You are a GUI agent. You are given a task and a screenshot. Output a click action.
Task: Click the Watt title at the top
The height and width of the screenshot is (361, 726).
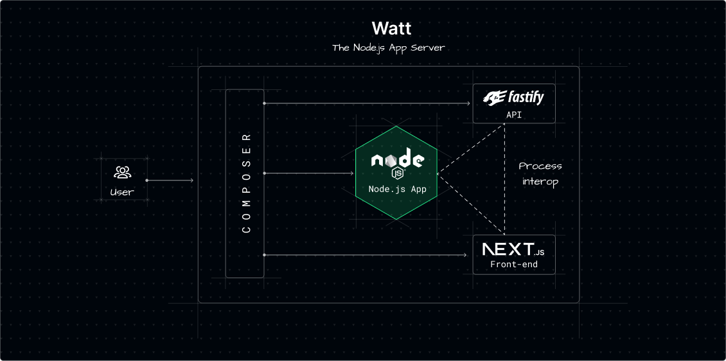point(391,29)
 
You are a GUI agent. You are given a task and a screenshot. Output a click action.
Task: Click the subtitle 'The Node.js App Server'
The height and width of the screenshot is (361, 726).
point(388,48)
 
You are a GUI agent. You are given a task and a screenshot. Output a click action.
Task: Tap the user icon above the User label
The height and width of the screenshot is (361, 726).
point(122,172)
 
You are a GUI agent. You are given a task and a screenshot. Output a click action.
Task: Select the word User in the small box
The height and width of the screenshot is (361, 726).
point(122,191)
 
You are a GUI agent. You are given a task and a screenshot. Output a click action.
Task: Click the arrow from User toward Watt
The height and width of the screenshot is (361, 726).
point(170,180)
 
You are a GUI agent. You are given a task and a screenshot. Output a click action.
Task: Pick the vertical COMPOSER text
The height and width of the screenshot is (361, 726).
point(245,183)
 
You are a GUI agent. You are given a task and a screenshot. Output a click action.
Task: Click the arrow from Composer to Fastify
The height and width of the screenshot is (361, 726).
point(366,103)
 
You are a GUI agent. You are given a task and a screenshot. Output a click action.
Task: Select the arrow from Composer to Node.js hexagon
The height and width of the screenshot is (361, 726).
point(308,173)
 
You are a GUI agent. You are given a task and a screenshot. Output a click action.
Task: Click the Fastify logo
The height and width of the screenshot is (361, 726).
point(514,98)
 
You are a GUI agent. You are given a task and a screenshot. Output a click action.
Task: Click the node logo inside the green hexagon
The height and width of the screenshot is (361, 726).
point(396,162)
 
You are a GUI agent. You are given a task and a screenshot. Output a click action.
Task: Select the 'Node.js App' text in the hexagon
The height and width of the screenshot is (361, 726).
point(397,189)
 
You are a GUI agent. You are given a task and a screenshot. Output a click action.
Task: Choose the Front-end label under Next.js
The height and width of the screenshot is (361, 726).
point(513,264)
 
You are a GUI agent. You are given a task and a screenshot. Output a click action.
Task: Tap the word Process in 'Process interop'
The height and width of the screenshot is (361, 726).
point(540,166)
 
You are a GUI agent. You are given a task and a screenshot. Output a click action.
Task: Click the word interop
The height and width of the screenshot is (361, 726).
point(540,182)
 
